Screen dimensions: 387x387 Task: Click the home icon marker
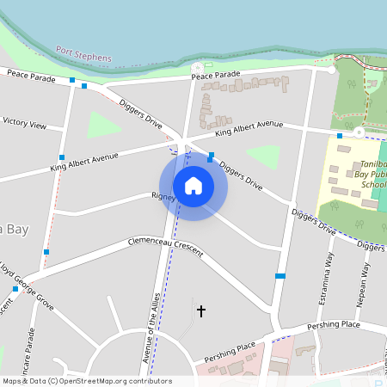pos(193,185)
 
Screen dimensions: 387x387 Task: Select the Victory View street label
pos(25,123)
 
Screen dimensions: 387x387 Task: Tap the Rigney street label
pos(163,197)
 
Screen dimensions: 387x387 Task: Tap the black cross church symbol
pos(202,310)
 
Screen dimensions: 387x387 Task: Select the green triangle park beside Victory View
pos(102,126)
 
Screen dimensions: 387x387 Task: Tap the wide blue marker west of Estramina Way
pos(279,276)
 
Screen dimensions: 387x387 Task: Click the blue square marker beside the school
pos(340,135)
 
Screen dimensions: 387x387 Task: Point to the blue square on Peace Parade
pos(72,80)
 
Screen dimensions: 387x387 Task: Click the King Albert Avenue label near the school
pos(249,128)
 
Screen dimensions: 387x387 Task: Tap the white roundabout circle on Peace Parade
pos(198,66)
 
